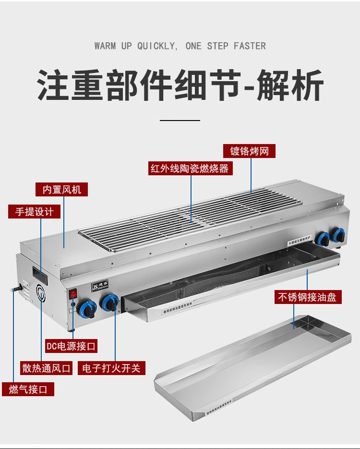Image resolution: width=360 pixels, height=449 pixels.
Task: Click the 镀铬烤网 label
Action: click(x=249, y=152)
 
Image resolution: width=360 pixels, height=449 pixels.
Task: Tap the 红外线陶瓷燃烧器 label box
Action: click(x=190, y=169)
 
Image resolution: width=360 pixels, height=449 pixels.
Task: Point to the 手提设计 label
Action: click(x=34, y=211)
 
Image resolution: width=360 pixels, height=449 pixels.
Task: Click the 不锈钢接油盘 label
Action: click(x=307, y=297)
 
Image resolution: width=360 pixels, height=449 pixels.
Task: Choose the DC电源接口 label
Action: click(x=71, y=345)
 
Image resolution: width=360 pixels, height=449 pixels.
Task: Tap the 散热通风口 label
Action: click(x=46, y=368)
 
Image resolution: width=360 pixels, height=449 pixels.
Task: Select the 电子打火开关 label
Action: click(x=111, y=368)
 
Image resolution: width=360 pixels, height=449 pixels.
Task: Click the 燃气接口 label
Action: click(x=28, y=389)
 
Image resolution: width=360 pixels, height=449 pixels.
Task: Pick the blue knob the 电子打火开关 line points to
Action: click(x=110, y=303)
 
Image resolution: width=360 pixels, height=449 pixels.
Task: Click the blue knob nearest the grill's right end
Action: click(x=339, y=235)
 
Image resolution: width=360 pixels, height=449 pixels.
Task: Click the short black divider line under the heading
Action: click(x=180, y=120)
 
